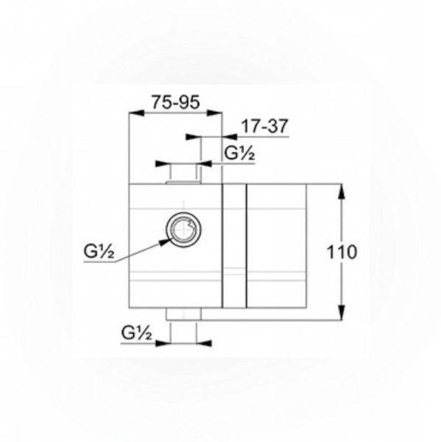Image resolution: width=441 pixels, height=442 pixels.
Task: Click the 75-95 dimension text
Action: pos(175,102)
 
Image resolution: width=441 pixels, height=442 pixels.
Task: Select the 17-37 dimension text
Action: pos(265,126)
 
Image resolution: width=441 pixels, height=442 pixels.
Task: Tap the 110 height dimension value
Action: pos(342,252)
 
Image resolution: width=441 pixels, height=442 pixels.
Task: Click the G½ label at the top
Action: pos(239,154)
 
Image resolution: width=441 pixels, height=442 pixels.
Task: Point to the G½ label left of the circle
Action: pos(99,252)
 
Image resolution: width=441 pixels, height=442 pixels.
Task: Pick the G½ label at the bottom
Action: pos(136,333)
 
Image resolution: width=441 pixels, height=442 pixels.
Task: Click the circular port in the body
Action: pos(184,230)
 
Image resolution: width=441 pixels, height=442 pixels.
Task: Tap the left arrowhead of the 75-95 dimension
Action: pos(136,113)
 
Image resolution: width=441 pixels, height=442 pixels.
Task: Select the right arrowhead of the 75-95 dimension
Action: pos(214,113)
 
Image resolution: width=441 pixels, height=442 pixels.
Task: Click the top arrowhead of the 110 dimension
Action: pos(342,192)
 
